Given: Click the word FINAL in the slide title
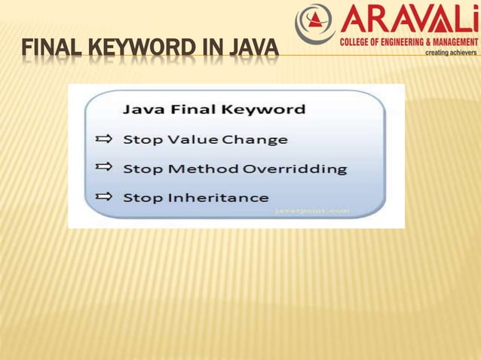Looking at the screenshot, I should point(51,50).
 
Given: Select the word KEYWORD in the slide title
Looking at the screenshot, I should point(142,50).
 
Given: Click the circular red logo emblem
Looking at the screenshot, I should point(314,23).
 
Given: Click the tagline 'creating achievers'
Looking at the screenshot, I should point(451,53).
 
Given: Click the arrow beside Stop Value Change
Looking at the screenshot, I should point(104,139).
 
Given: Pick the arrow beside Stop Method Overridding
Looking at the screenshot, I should point(104,167).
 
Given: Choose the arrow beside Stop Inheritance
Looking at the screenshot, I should point(104,197).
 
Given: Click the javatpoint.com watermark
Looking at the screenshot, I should point(311,212).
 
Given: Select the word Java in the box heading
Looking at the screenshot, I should point(141,110).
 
